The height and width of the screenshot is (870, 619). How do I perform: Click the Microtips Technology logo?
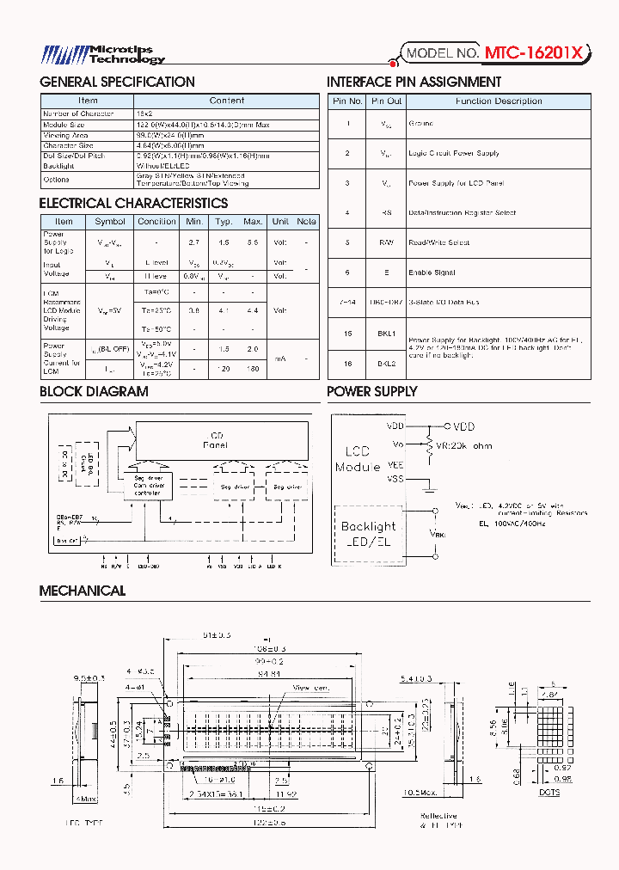coord(104,55)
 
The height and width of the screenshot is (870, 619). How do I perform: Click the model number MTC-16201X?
coord(536,53)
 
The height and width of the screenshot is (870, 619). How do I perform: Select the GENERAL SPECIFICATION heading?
coord(118,83)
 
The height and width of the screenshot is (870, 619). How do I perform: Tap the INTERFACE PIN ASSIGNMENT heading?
coord(414,83)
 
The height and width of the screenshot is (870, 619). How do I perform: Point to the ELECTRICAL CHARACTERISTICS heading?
coord(133,204)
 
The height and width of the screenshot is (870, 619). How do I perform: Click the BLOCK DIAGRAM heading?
coord(94,392)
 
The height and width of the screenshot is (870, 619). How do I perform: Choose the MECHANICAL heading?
coord(83,591)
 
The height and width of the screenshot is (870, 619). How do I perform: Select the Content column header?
coord(226,101)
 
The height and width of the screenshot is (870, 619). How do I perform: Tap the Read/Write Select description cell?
coord(438,242)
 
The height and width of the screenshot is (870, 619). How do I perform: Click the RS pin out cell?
coord(387,212)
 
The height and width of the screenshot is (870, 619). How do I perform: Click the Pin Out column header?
coord(387,101)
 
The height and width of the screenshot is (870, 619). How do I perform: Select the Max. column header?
coord(253,222)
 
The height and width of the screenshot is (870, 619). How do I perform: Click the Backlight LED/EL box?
coord(368,532)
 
